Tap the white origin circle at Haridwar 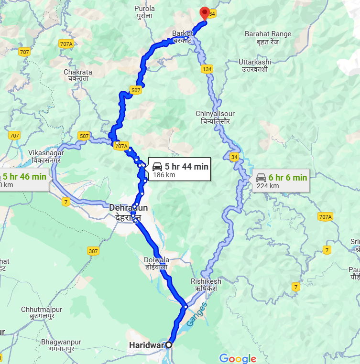pyautogui.click(x=168, y=344)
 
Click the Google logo pyautogui.click(x=238, y=358)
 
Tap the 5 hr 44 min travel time pyautogui.click(x=186, y=166)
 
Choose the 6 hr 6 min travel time pyautogui.click(x=287, y=178)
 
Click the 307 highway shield pyautogui.click(x=93, y=250)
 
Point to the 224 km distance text pyautogui.click(x=268, y=186)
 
